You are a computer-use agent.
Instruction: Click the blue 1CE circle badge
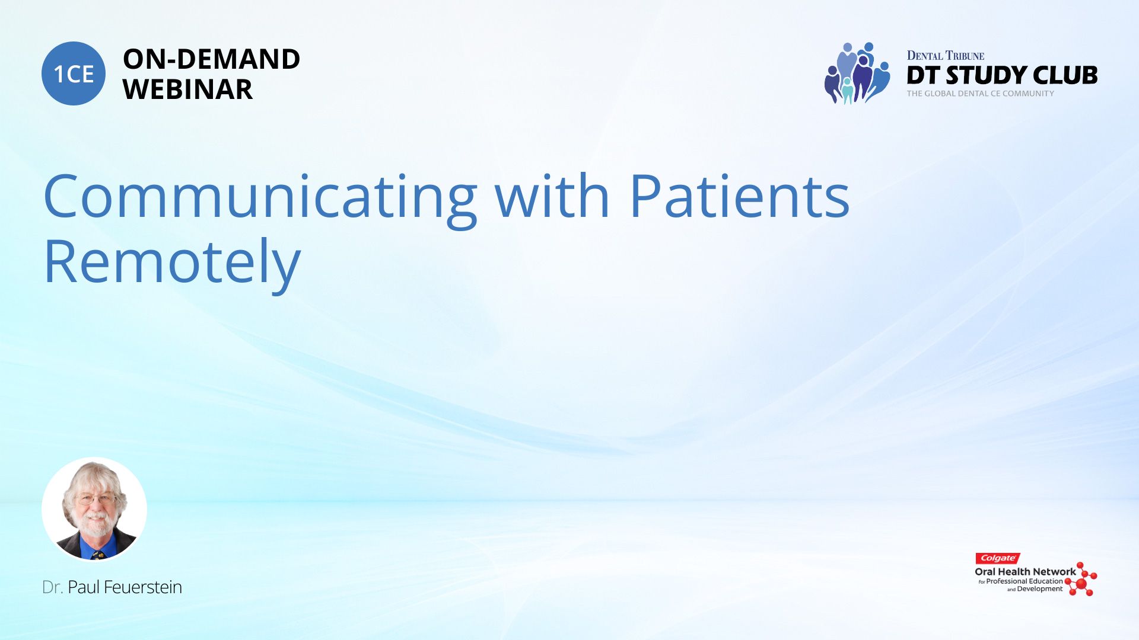coord(74,73)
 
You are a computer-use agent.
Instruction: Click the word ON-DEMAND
coord(211,59)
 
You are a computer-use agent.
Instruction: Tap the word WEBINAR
coord(187,89)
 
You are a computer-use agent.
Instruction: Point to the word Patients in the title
coord(739,196)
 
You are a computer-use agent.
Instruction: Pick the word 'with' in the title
coord(552,196)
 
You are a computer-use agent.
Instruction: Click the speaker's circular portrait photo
coord(94,509)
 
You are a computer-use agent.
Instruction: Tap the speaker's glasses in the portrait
coord(96,500)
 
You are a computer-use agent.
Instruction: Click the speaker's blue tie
coord(95,553)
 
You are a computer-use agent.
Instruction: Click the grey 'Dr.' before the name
coord(52,587)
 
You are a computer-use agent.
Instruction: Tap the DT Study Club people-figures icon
coord(857,73)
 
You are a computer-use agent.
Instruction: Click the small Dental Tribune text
coord(945,56)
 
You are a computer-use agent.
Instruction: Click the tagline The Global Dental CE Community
coord(980,94)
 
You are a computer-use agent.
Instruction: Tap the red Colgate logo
coord(998,558)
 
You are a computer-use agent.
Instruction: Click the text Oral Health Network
coord(1025,572)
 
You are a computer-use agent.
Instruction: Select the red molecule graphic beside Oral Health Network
coord(1081,579)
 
